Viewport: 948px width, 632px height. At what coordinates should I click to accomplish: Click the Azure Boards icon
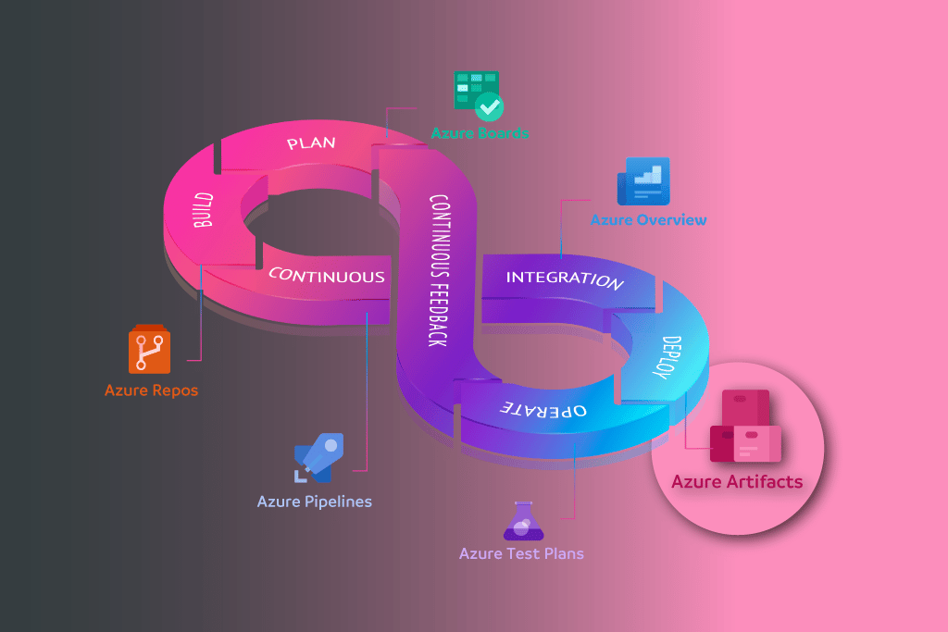tap(476, 94)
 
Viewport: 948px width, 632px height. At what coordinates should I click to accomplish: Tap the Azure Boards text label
tap(480, 133)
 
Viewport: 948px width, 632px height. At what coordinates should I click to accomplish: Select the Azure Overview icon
tap(643, 181)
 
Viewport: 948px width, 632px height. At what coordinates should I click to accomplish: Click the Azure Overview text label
tap(648, 220)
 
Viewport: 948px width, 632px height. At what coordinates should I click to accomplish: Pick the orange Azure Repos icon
tap(151, 349)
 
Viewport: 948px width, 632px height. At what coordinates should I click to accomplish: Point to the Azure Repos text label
tap(151, 390)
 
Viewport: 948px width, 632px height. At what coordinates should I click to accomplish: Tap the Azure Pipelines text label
tap(315, 502)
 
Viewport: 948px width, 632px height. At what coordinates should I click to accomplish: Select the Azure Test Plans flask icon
tap(522, 521)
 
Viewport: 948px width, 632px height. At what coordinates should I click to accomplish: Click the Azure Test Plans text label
tap(521, 553)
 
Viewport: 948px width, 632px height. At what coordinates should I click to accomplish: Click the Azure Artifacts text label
tap(737, 481)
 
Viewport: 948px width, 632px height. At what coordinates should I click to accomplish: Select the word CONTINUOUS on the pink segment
tap(326, 276)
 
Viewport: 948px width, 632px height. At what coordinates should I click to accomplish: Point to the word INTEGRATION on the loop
tap(564, 279)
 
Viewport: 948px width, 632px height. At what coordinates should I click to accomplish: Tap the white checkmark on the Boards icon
tap(489, 106)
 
